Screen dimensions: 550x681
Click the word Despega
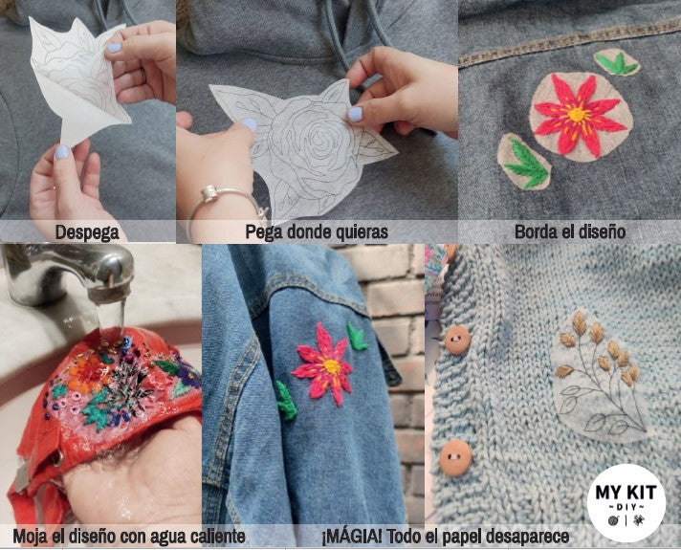(x=87, y=231)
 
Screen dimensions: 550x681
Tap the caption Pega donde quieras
(x=316, y=231)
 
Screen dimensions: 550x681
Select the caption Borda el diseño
(x=569, y=231)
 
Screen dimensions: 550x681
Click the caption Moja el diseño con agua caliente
(x=129, y=537)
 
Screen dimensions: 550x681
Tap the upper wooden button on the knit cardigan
(x=457, y=339)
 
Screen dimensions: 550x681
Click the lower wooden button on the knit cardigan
(x=455, y=457)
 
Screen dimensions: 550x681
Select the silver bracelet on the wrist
(x=229, y=201)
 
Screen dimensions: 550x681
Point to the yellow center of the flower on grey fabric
(x=577, y=116)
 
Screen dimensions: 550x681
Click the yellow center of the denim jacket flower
(x=330, y=365)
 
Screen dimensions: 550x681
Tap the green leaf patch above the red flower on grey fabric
(x=617, y=63)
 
